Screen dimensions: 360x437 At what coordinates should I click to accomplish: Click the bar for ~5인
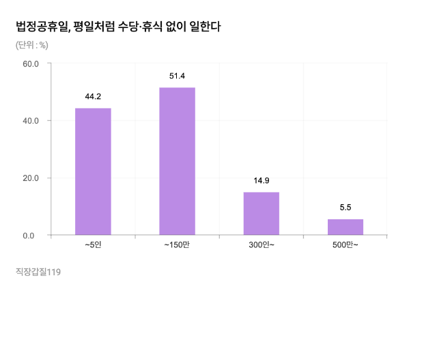click(93, 171)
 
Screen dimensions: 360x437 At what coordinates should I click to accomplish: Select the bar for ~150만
click(177, 161)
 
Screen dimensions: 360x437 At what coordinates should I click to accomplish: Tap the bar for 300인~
click(262, 214)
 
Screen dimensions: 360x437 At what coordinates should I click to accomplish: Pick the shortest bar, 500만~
click(346, 227)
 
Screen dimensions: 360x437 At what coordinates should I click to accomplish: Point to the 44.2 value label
click(93, 96)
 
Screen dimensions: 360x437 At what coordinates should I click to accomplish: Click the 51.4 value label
click(177, 76)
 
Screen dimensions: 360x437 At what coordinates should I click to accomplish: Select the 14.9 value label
click(262, 180)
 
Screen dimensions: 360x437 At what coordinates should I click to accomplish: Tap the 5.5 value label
click(346, 207)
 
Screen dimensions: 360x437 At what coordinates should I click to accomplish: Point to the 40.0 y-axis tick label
click(31, 121)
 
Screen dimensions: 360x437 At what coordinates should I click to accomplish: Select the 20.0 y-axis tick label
click(31, 178)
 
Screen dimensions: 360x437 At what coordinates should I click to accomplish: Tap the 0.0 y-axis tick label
click(34, 236)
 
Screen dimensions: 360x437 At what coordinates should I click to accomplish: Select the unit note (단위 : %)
click(31, 46)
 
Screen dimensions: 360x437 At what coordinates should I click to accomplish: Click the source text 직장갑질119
click(38, 272)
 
